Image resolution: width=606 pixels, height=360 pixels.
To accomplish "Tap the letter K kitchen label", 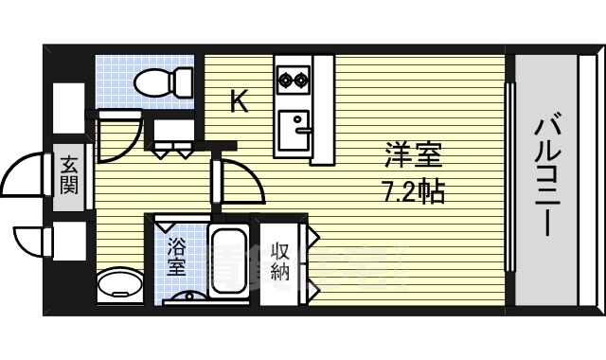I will point(240,101).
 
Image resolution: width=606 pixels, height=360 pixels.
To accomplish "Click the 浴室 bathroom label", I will point(176,259).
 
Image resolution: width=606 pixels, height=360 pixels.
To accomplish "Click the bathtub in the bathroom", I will point(227,262).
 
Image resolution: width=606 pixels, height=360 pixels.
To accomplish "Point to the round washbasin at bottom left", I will point(118,285).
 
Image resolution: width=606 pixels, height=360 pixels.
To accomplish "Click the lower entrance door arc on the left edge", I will point(30,243).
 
